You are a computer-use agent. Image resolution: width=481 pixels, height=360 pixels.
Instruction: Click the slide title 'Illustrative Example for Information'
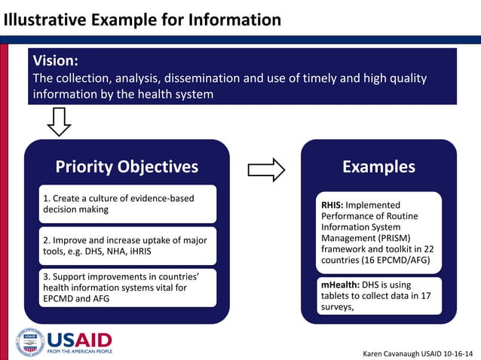point(141,20)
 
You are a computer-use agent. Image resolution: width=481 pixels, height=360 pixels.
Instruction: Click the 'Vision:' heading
point(55,61)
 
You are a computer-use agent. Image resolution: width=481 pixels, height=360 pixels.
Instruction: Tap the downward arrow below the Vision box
point(59,121)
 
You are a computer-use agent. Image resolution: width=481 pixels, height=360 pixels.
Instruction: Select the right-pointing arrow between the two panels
point(266,170)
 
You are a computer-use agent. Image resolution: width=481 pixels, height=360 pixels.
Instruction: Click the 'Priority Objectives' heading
point(127,166)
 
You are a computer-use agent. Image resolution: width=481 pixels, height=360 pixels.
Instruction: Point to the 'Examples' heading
point(378,166)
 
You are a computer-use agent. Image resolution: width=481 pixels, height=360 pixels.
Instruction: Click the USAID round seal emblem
point(30,342)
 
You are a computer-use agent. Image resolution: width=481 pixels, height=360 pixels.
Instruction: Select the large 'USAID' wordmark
point(79,339)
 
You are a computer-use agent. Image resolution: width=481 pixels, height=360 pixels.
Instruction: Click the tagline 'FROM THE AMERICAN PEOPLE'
point(79,352)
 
